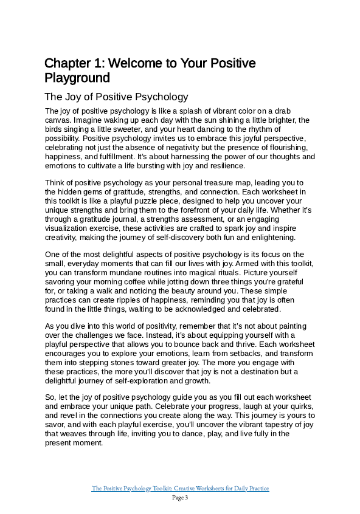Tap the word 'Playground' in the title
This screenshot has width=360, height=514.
pos(77,78)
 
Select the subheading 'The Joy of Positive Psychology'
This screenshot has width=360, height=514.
pos(116,97)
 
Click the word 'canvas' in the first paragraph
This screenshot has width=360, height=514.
pos(58,120)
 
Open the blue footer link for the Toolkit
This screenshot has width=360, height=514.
pos(180,488)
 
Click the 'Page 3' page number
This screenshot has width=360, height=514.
pos(180,498)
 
